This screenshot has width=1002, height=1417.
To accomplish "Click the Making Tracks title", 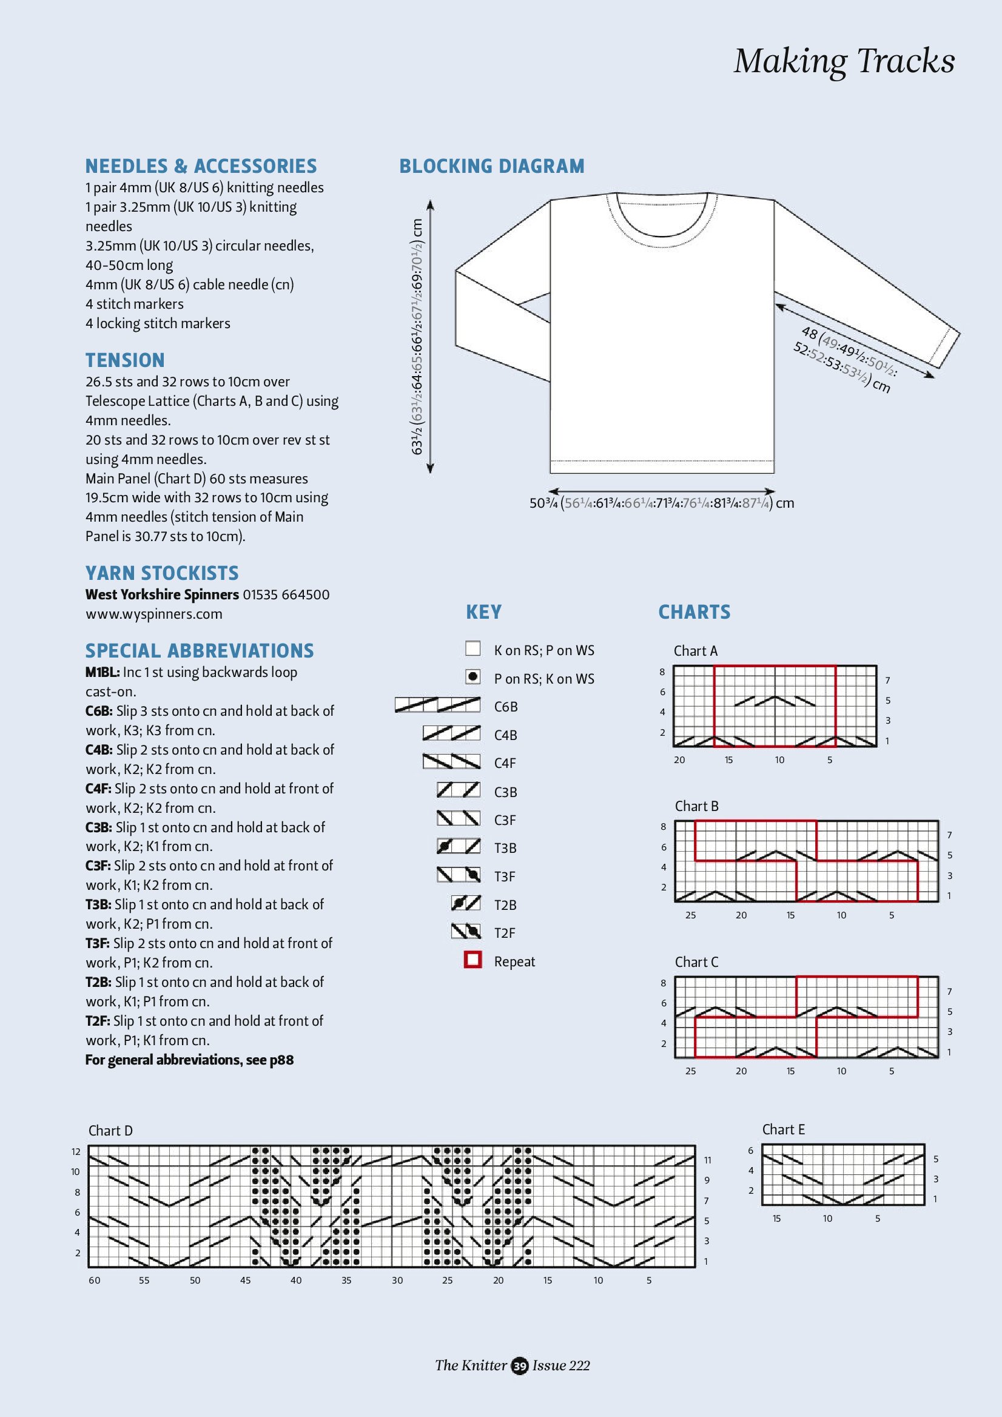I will pos(844,61).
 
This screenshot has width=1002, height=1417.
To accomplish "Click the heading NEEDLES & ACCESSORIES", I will pos(201,166).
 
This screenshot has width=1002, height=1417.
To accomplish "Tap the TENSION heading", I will pos(125,360).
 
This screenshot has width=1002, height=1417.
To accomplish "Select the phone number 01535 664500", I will pos(286,594).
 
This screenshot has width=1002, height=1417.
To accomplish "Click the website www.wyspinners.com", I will pos(153,614).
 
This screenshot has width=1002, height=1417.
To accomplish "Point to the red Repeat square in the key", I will pos(472,960).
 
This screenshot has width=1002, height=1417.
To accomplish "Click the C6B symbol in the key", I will pos(437,705).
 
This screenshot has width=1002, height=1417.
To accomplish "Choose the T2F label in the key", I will pos(505,932).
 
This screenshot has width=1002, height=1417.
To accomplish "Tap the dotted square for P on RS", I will pos(472,677).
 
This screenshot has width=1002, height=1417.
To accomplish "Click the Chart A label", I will pos(695,651).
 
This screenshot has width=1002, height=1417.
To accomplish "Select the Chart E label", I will pos(783,1129).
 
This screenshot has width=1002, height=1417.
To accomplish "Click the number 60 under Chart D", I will pos(95,1281).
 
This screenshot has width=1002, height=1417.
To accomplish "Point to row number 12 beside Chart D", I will pos(76,1152).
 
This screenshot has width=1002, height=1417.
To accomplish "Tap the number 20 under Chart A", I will pos(679,760).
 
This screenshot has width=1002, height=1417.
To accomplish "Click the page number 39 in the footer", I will pos(520,1366).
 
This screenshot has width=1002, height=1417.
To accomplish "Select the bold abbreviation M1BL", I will pos(102,672).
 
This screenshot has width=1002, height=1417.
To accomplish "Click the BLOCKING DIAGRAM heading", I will pos(492,166).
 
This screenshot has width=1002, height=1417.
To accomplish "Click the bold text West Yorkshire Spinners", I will pos(162,594).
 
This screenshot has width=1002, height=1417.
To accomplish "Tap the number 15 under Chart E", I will pos(776,1218).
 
